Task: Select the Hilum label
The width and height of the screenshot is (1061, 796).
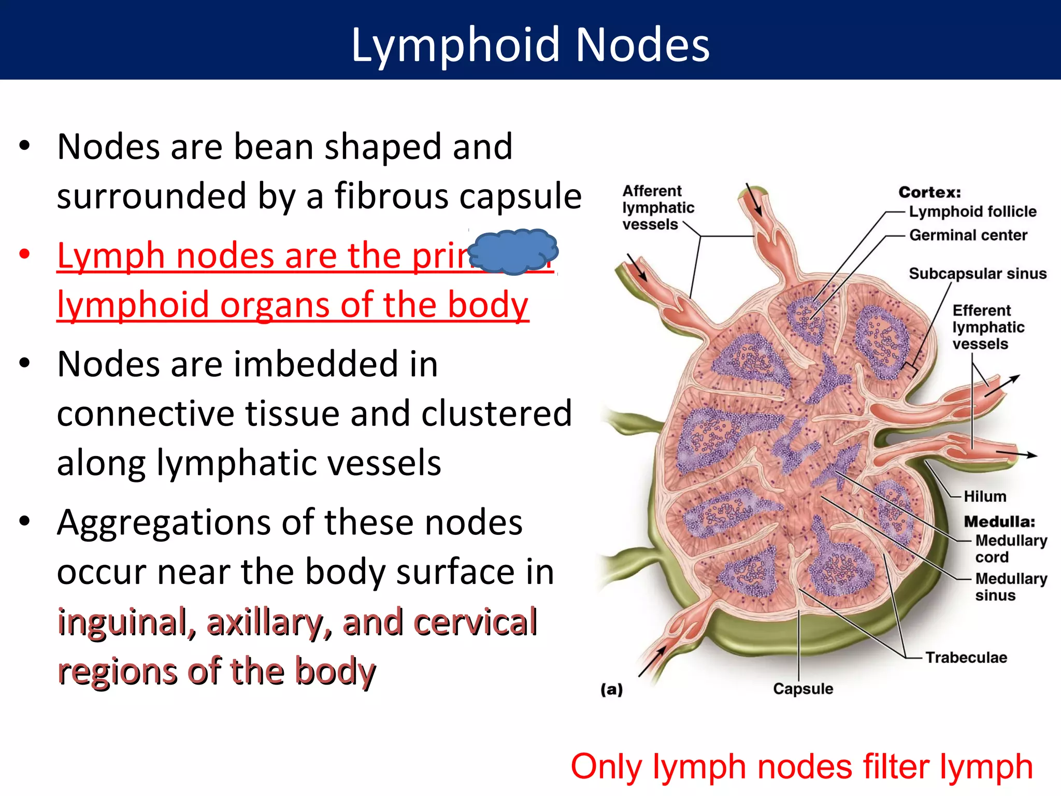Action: point(984,496)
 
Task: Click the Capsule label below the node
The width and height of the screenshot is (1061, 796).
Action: point(803,689)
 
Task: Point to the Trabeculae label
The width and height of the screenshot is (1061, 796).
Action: point(966,658)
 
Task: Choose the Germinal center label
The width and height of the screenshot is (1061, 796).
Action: point(968,235)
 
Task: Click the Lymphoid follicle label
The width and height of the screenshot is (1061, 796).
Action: point(972,211)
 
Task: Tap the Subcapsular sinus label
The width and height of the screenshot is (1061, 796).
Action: point(978,274)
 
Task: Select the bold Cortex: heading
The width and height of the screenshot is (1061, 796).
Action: point(929,192)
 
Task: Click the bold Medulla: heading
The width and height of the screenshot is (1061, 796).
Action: point(999,521)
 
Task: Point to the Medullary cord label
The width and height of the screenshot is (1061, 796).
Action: point(1010,548)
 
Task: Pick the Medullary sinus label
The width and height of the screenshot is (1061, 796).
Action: point(1010,587)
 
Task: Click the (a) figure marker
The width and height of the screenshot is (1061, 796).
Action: point(611,689)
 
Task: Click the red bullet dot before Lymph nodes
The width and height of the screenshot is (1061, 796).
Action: point(24,254)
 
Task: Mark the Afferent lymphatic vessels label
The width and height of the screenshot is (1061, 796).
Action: point(657,208)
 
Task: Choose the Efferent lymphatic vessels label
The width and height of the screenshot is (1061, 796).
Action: point(987,327)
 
